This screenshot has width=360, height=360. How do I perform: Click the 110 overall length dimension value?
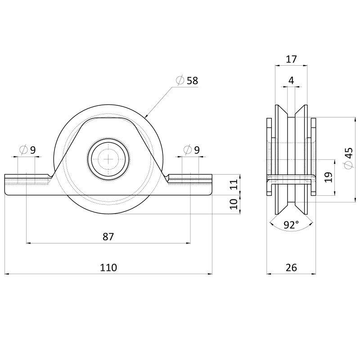pyautogui.click(x=108, y=267)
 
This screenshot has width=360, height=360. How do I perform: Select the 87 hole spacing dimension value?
pyautogui.click(x=108, y=237)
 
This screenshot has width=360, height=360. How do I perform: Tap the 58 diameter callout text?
pyautogui.click(x=192, y=81)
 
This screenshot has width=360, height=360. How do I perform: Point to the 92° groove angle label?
pyautogui.click(x=291, y=225)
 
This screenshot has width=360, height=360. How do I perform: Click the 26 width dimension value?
pyautogui.click(x=291, y=267)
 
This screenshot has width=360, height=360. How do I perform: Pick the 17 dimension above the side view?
pyautogui.click(x=291, y=59)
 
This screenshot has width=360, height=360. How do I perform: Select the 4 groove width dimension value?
pyautogui.click(x=291, y=81)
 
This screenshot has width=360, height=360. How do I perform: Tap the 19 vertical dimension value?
pyautogui.click(x=329, y=177)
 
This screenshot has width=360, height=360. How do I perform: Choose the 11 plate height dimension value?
pyautogui.click(x=234, y=184)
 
